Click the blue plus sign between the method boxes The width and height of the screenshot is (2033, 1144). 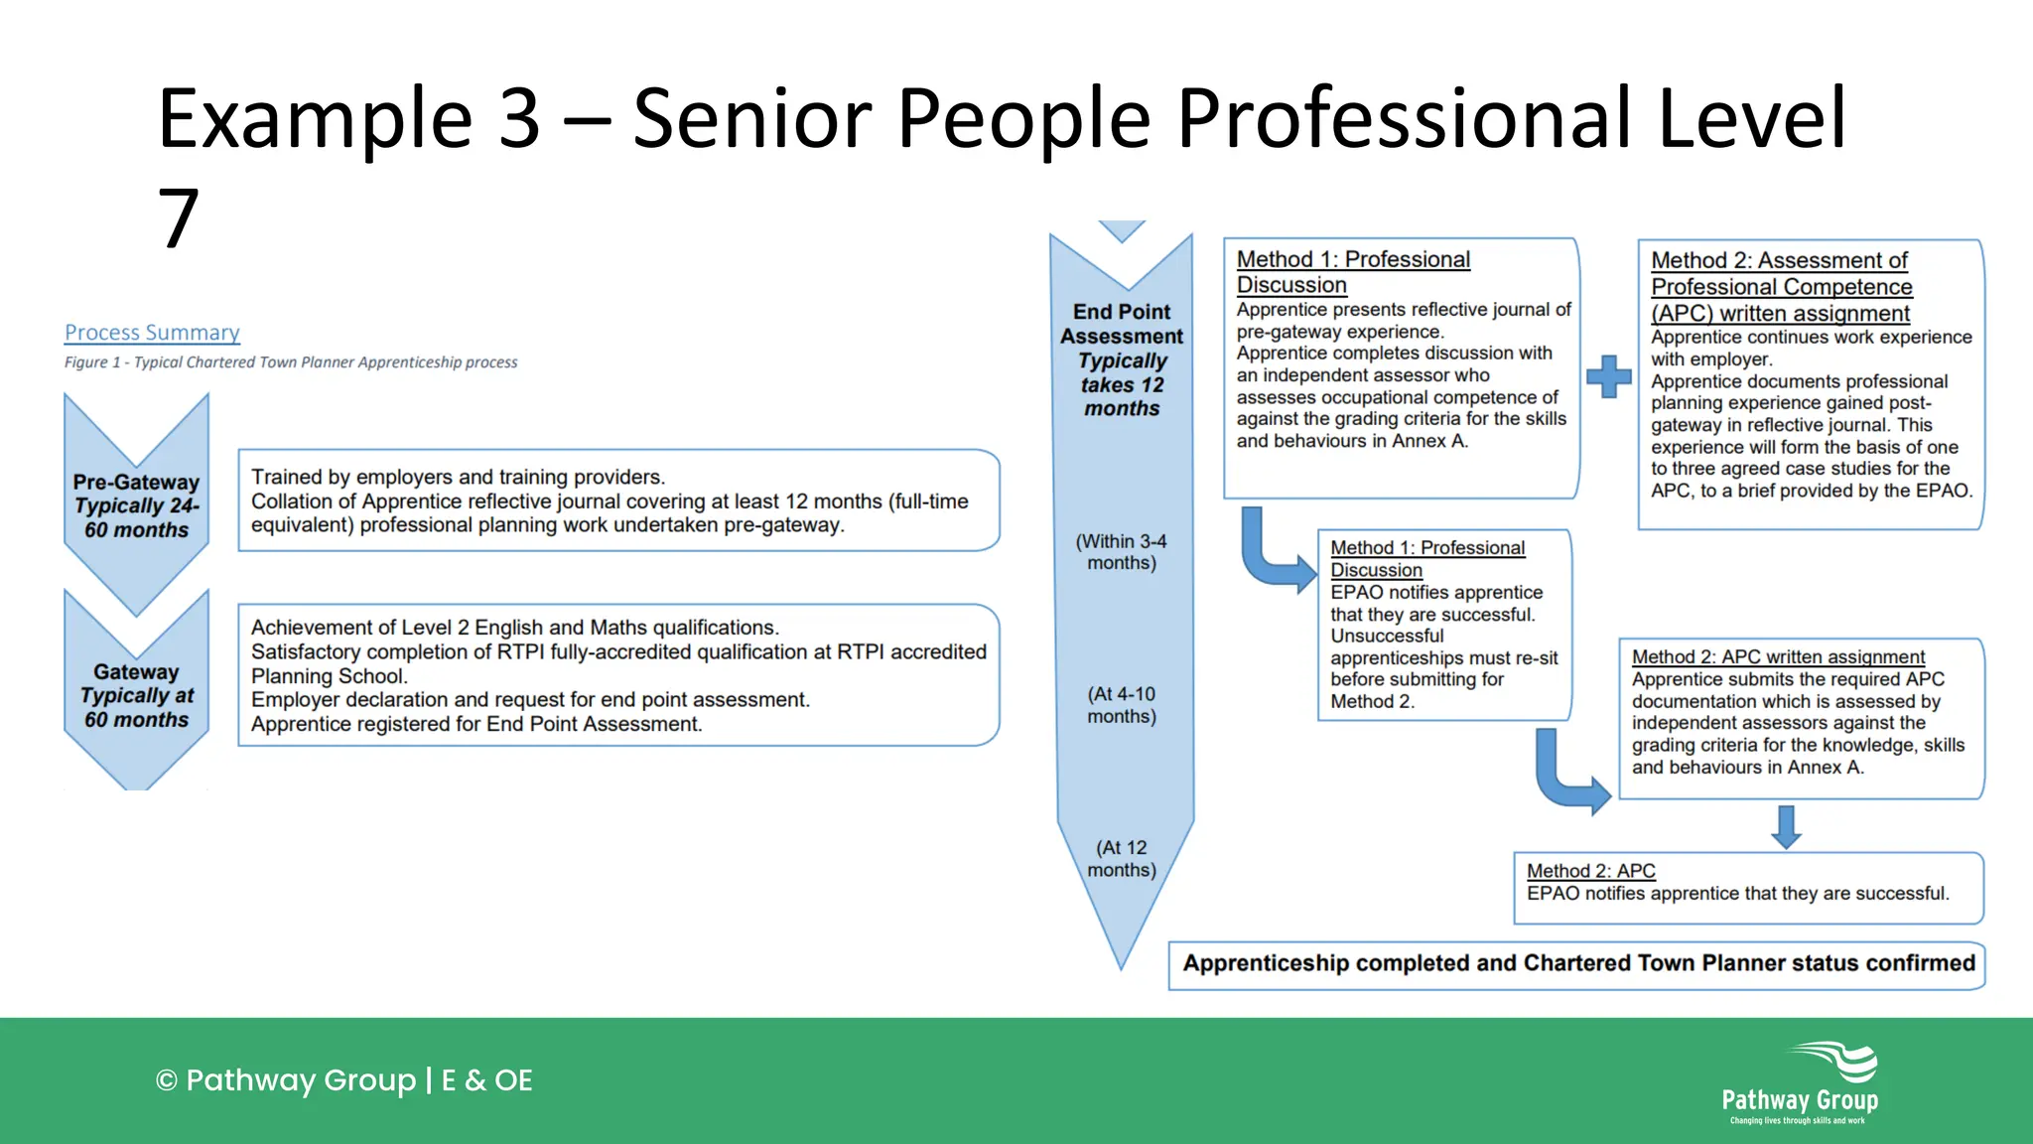click(1608, 376)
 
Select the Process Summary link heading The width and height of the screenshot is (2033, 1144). click(152, 333)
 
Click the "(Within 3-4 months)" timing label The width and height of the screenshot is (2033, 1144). click(1122, 552)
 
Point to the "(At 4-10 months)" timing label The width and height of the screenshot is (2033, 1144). click(1122, 705)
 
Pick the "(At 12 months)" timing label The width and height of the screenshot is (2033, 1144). click(1122, 858)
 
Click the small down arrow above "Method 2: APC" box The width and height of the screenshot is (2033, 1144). click(1786, 826)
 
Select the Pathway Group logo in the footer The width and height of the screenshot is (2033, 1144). click(1801, 1082)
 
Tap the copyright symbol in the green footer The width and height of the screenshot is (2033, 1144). click(166, 1080)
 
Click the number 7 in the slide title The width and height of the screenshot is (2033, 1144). click(179, 218)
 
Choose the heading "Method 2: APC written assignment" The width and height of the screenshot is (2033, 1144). click(1778, 657)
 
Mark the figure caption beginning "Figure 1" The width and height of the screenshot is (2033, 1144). click(291, 362)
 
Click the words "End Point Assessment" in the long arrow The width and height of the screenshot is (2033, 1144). click(1122, 324)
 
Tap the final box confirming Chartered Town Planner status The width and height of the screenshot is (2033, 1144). click(1577, 964)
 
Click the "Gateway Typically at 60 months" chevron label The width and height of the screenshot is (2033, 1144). click(136, 695)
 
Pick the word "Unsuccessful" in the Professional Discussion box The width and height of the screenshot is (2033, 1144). click(1387, 636)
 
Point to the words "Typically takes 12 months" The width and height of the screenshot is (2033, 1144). click(1122, 384)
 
